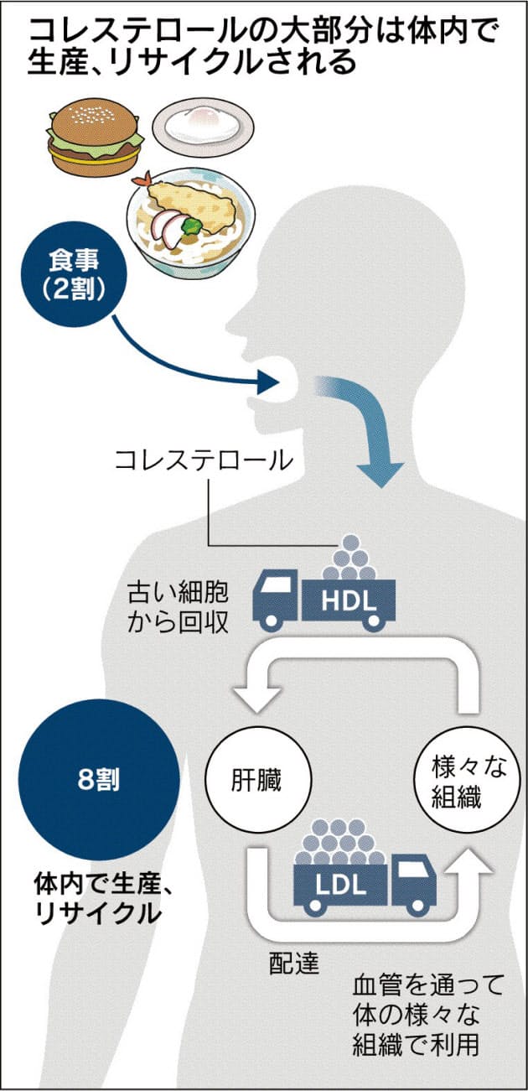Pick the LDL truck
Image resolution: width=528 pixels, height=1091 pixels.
coord(360,881)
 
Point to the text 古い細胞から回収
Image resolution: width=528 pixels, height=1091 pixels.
coord(173,607)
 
